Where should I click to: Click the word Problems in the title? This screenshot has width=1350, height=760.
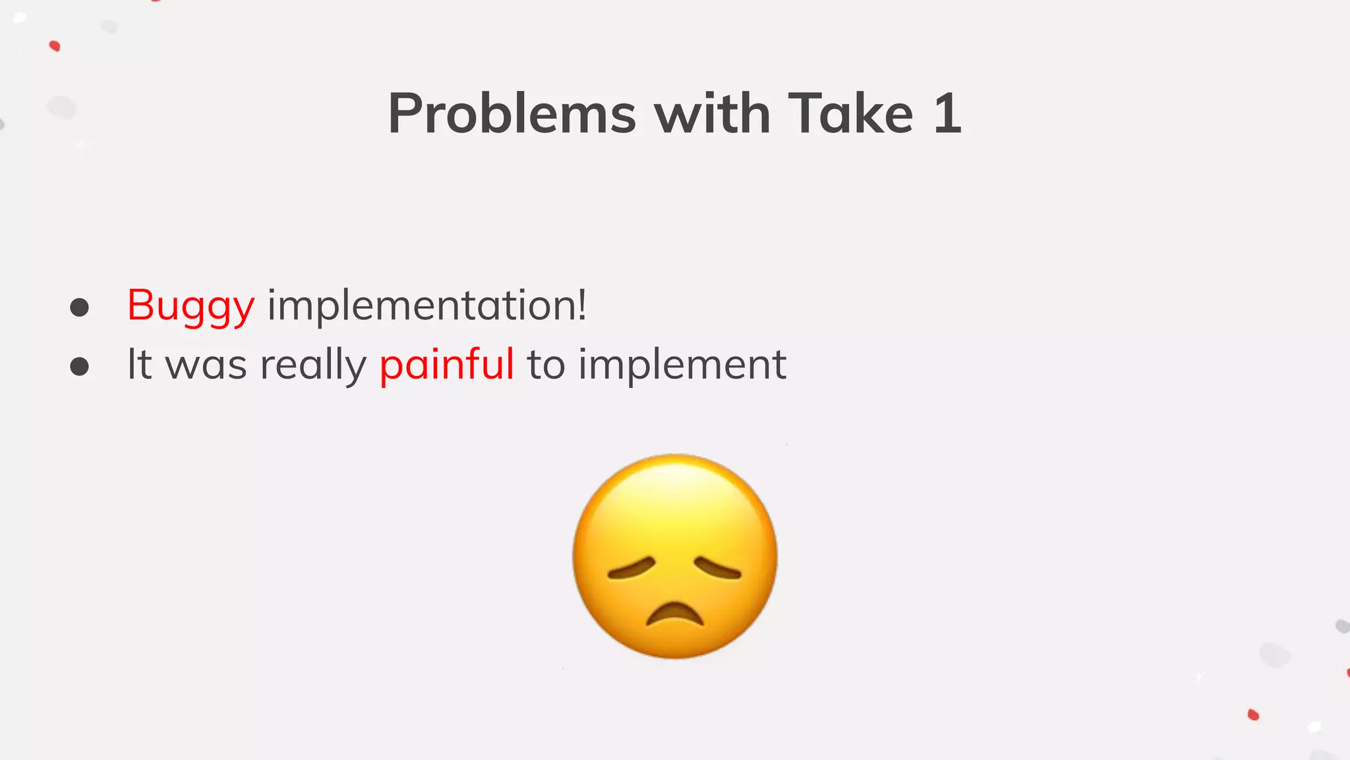[512, 114]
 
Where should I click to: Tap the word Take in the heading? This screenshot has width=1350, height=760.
[850, 114]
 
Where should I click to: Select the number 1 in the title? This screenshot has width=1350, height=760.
[947, 114]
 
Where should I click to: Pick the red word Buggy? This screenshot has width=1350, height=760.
[191, 306]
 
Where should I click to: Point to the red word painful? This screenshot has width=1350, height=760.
[446, 364]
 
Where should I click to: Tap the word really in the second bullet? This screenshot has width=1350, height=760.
[313, 365]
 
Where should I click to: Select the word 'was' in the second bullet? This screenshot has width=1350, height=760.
[206, 365]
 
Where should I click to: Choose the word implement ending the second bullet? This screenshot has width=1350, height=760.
[682, 365]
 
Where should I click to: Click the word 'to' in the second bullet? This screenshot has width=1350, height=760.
[546, 365]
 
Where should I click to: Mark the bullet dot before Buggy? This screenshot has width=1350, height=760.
[80, 307]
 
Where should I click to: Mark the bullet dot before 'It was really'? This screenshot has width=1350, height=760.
[80, 366]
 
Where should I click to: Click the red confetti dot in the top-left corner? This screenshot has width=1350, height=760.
[55, 46]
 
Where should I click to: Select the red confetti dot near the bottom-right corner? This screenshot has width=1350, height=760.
[1253, 714]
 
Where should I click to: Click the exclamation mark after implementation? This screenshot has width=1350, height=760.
[581, 305]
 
